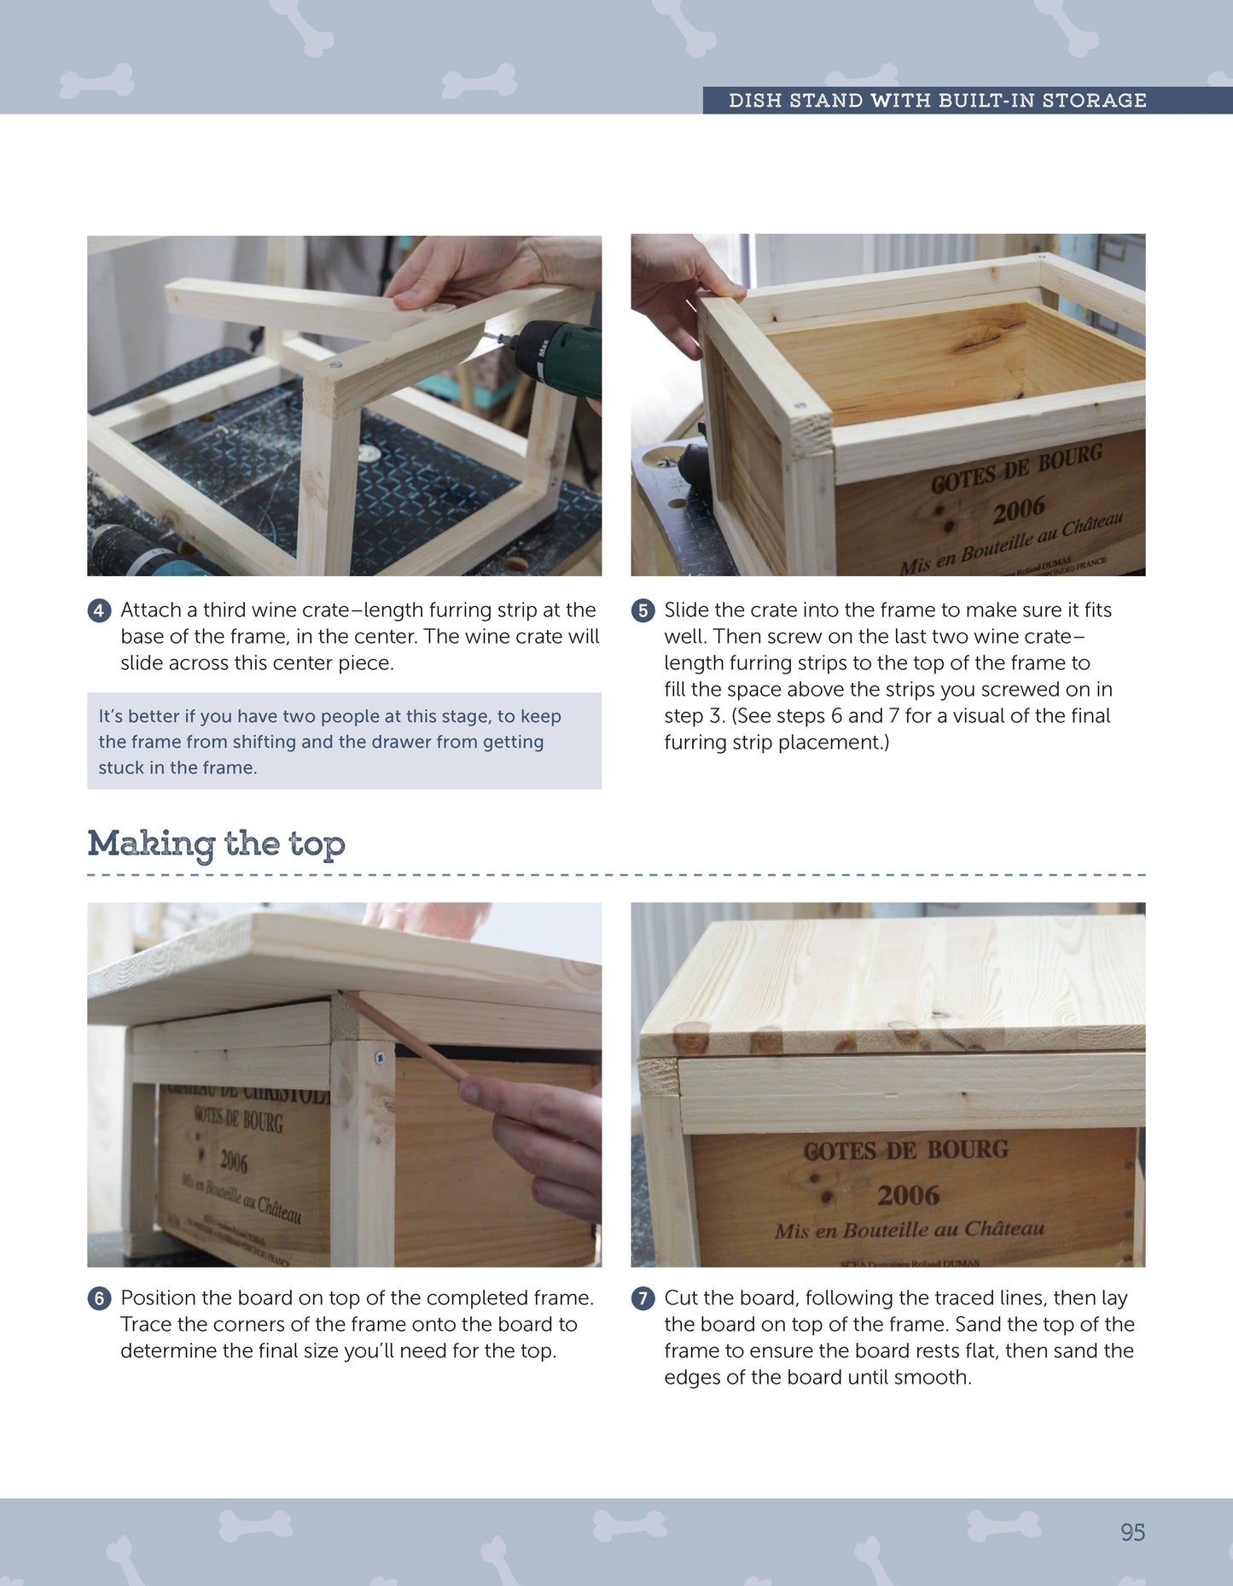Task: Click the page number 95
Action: (x=1132, y=1532)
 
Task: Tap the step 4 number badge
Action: (x=99, y=611)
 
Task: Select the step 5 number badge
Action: (x=643, y=611)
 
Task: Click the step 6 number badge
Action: (x=99, y=1298)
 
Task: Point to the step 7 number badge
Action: (x=643, y=1298)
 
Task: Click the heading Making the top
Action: (x=216, y=844)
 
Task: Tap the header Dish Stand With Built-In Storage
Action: (x=937, y=101)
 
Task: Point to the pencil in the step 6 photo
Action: (x=401, y=1036)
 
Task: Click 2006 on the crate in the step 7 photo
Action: (x=908, y=1195)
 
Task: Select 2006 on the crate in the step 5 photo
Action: (x=1018, y=510)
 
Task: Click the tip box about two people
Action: (x=344, y=741)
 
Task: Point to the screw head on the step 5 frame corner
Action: (x=800, y=405)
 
